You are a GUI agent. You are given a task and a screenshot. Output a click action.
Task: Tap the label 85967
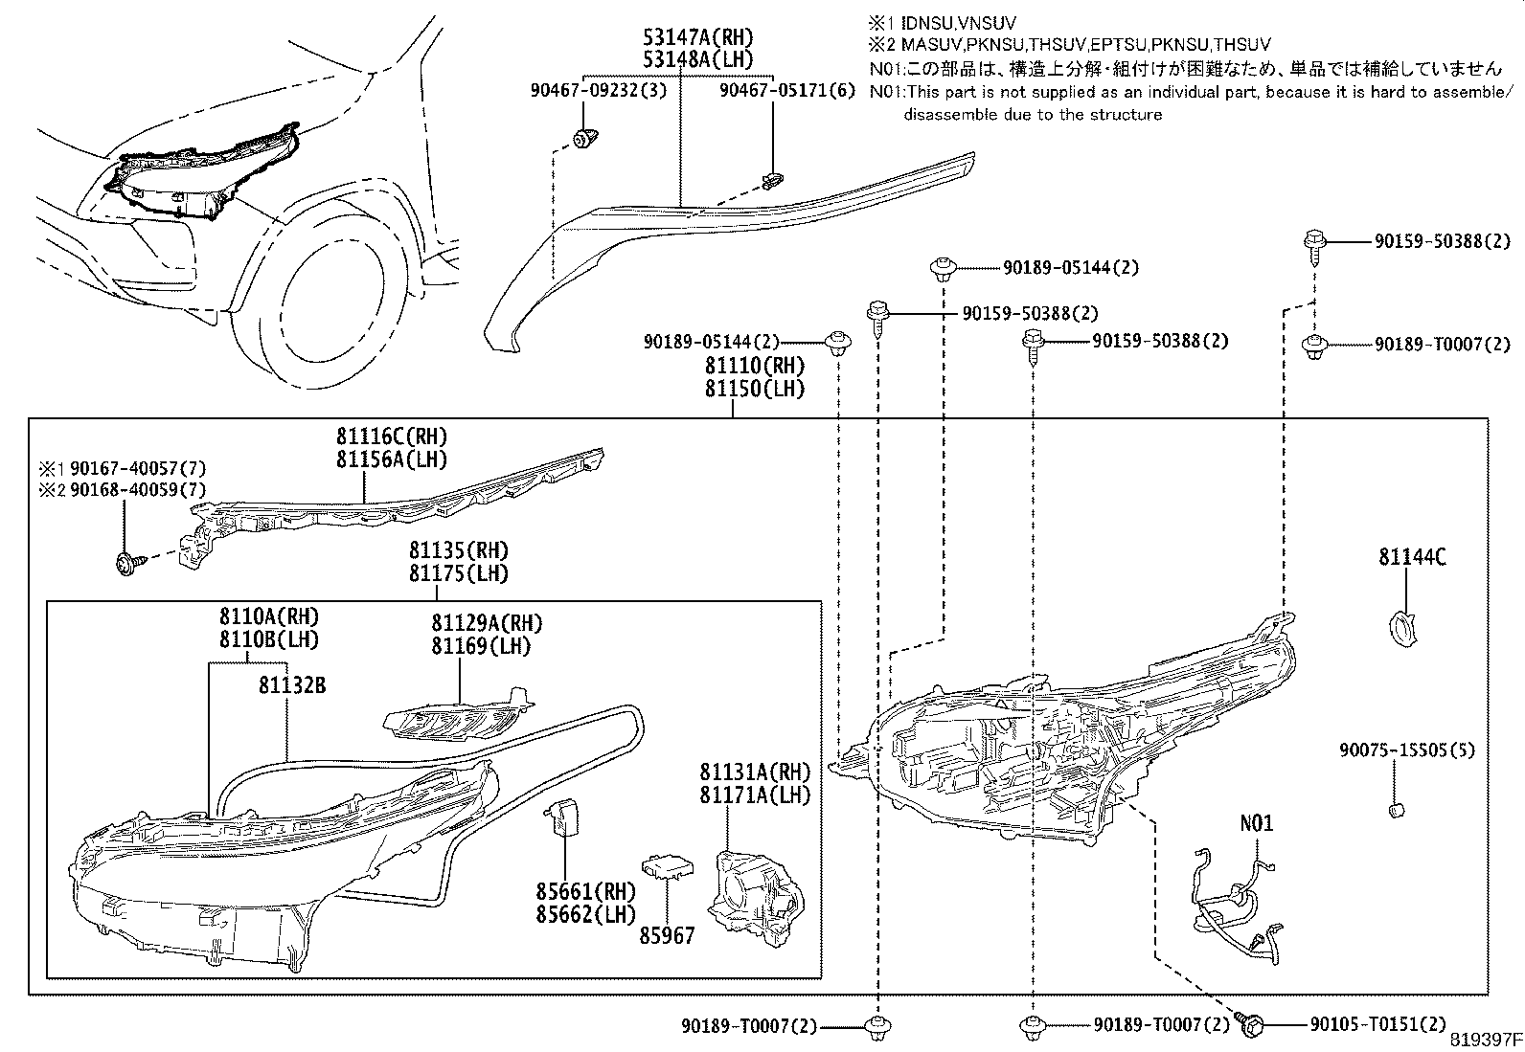coord(667,935)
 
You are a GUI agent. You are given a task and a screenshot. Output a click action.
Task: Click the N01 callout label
coord(1257,823)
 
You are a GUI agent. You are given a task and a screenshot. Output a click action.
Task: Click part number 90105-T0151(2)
coord(1377,1025)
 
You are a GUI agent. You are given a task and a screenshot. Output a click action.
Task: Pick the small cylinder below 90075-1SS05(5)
coord(1397,812)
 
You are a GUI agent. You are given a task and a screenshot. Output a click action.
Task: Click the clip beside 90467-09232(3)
coord(581,138)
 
